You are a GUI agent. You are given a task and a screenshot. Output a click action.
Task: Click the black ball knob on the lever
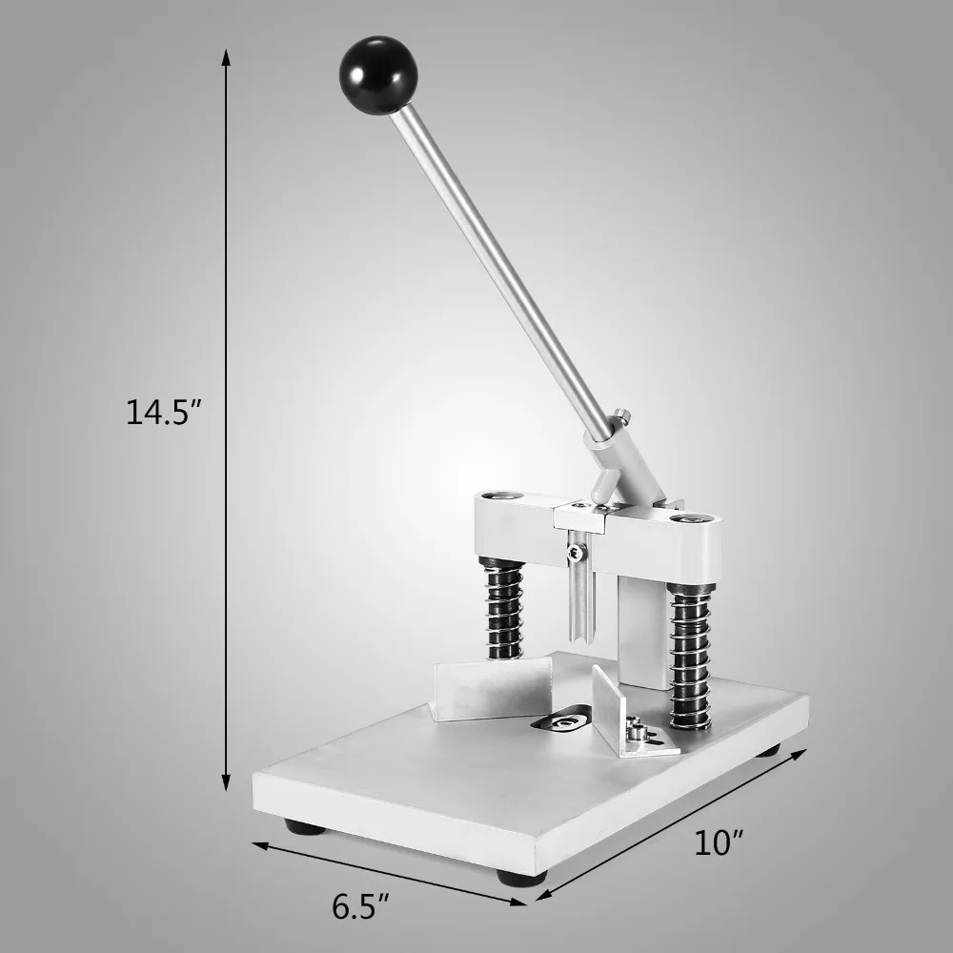pyautogui.click(x=378, y=75)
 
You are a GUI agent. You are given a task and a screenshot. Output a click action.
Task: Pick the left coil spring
pyautogui.click(x=502, y=610)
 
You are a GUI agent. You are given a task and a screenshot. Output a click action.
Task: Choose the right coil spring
pyautogui.click(x=689, y=658)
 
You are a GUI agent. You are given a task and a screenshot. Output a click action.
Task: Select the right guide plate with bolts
pyautogui.click(x=620, y=720)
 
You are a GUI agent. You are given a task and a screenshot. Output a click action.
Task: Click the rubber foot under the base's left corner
pyautogui.click(x=310, y=825)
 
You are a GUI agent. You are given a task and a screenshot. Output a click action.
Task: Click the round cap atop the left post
pyautogui.click(x=499, y=497)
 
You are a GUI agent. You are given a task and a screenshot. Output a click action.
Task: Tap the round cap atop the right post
pyautogui.click(x=690, y=520)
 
